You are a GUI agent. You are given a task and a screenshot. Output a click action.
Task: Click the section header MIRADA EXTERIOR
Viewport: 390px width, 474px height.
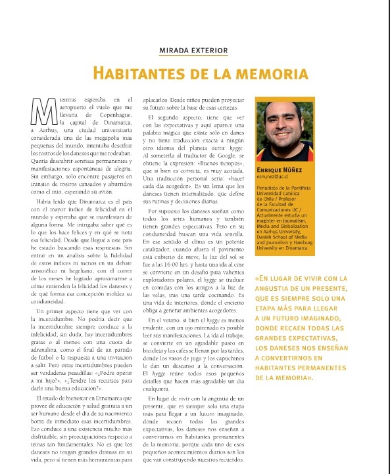(x=193, y=50)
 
